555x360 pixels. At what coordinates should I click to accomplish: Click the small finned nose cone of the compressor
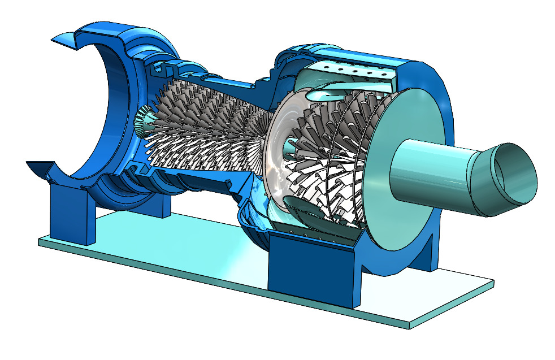click(x=144, y=119)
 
